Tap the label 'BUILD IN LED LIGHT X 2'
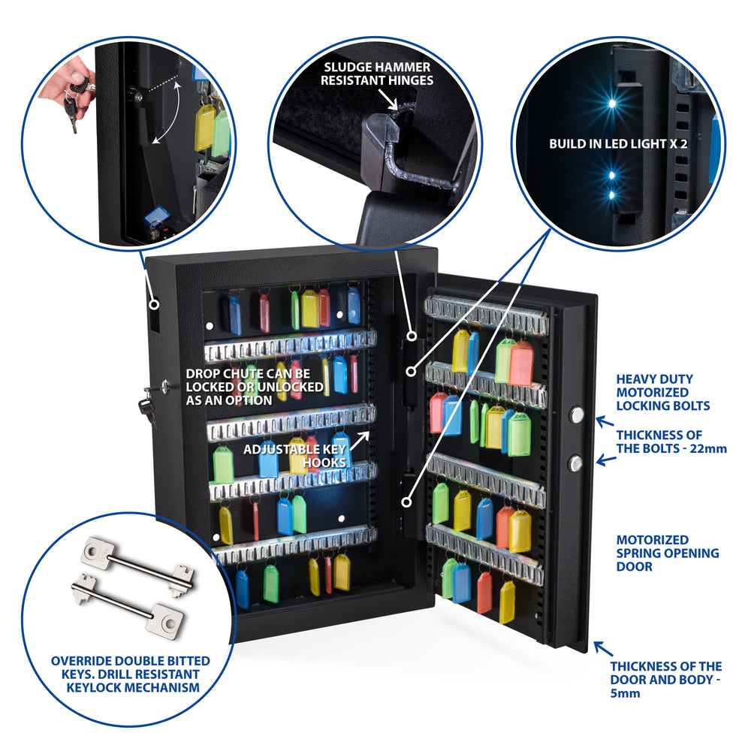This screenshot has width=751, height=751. (x=618, y=143)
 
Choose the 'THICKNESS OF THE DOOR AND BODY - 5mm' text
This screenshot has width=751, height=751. (x=665, y=679)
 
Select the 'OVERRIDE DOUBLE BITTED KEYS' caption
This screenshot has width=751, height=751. (x=130, y=674)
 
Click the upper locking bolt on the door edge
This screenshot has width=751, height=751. (x=577, y=416)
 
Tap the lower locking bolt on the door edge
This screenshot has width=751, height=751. (x=576, y=462)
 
